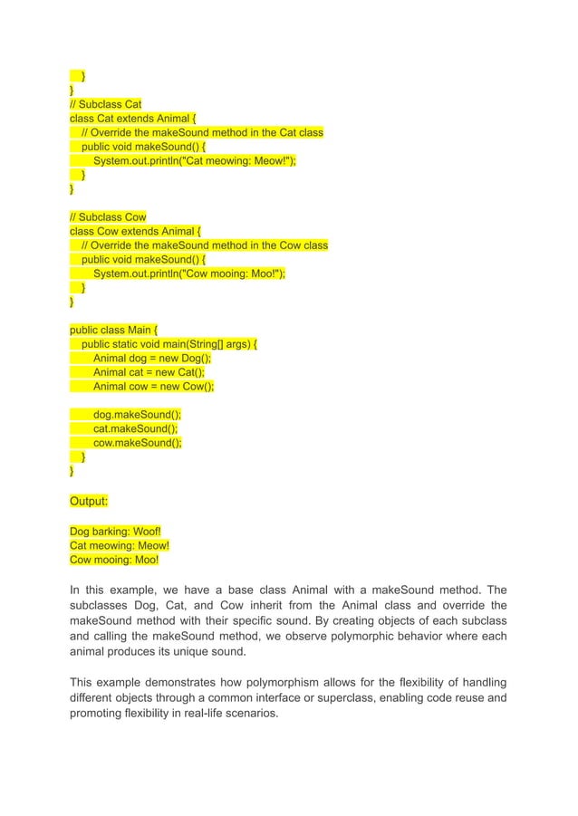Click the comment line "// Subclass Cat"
[x=106, y=104]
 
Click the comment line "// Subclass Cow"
[x=108, y=217]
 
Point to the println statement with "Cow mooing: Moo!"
[x=189, y=274]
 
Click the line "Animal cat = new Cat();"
[x=149, y=372]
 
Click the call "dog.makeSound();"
[x=137, y=415]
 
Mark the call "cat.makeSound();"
[x=136, y=428]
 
